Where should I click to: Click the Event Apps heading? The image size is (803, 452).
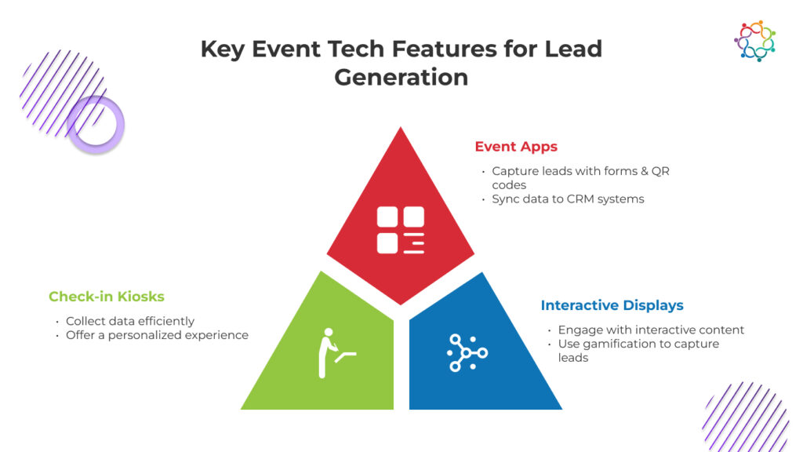(x=516, y=147)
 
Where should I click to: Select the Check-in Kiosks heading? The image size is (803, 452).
(x=107, y=296)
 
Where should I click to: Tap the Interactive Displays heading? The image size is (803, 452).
(x=612, y=305)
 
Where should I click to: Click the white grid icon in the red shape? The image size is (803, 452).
(x=401, y=230)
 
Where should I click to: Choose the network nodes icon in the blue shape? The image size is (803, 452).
(x=467, y=352)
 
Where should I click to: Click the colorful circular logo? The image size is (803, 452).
(x=755, y=41)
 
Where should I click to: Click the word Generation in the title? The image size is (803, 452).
(x=401, y=78)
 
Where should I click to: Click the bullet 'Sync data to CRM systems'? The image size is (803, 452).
(x=568, y=199)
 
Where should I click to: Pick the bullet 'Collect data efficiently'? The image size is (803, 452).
(x=130, y=321)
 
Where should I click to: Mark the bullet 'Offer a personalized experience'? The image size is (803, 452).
(x=157, y=335)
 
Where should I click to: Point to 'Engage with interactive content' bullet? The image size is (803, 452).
(x=651, y=330)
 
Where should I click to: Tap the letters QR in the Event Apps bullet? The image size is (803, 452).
(x=660, y=171)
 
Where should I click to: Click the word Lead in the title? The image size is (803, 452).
(x=573, y=49)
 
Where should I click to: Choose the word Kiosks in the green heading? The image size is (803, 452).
(x=141, y=296)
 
